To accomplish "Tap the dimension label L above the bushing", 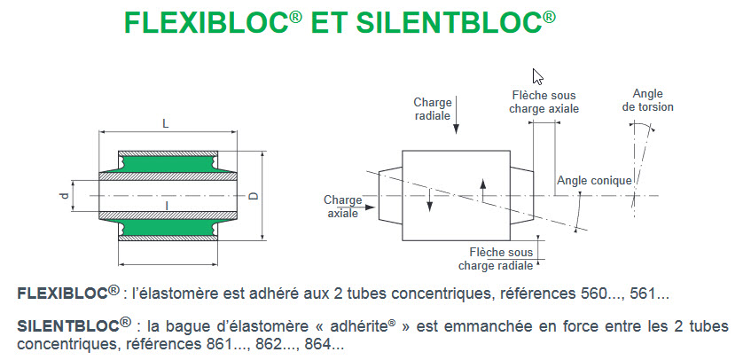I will tap(166, 123).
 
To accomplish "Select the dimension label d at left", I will tap(64, 196).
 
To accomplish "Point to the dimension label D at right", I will tap(254, 196).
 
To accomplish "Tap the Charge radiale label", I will tap(433, 108).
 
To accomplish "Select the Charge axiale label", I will tap(343, 207).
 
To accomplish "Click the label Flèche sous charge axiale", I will tap(544, 101).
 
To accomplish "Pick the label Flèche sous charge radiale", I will tap(496, 258).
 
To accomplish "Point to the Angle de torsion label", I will tap(648, 100).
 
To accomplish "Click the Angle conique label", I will tap(594, 181).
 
